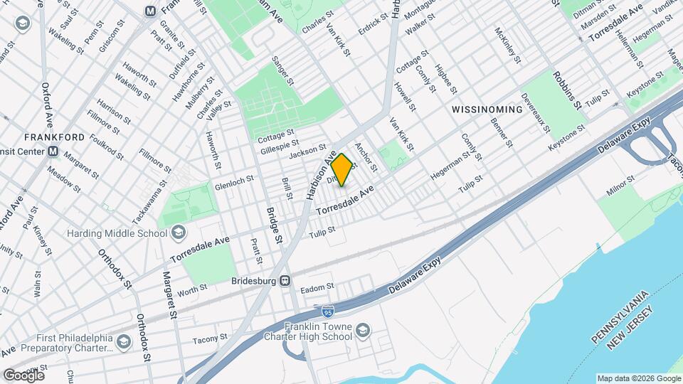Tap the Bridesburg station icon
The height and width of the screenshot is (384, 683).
(x=285, y=281)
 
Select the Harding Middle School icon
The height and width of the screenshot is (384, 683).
(x=178, y=233)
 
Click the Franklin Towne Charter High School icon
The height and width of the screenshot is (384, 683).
(x=364, y=330)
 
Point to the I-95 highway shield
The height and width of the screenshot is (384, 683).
(x=327, y=311)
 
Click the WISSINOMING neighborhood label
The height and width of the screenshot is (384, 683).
(x=487, y=110)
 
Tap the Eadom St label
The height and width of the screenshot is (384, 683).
(x=317, y=287)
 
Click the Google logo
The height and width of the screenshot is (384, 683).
(x=23, y=375)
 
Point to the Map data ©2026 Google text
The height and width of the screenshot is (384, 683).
(x=637, y=378)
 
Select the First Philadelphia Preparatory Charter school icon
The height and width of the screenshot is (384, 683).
(x=125, y=343)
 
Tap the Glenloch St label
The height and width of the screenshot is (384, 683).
(x=234, y=183)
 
